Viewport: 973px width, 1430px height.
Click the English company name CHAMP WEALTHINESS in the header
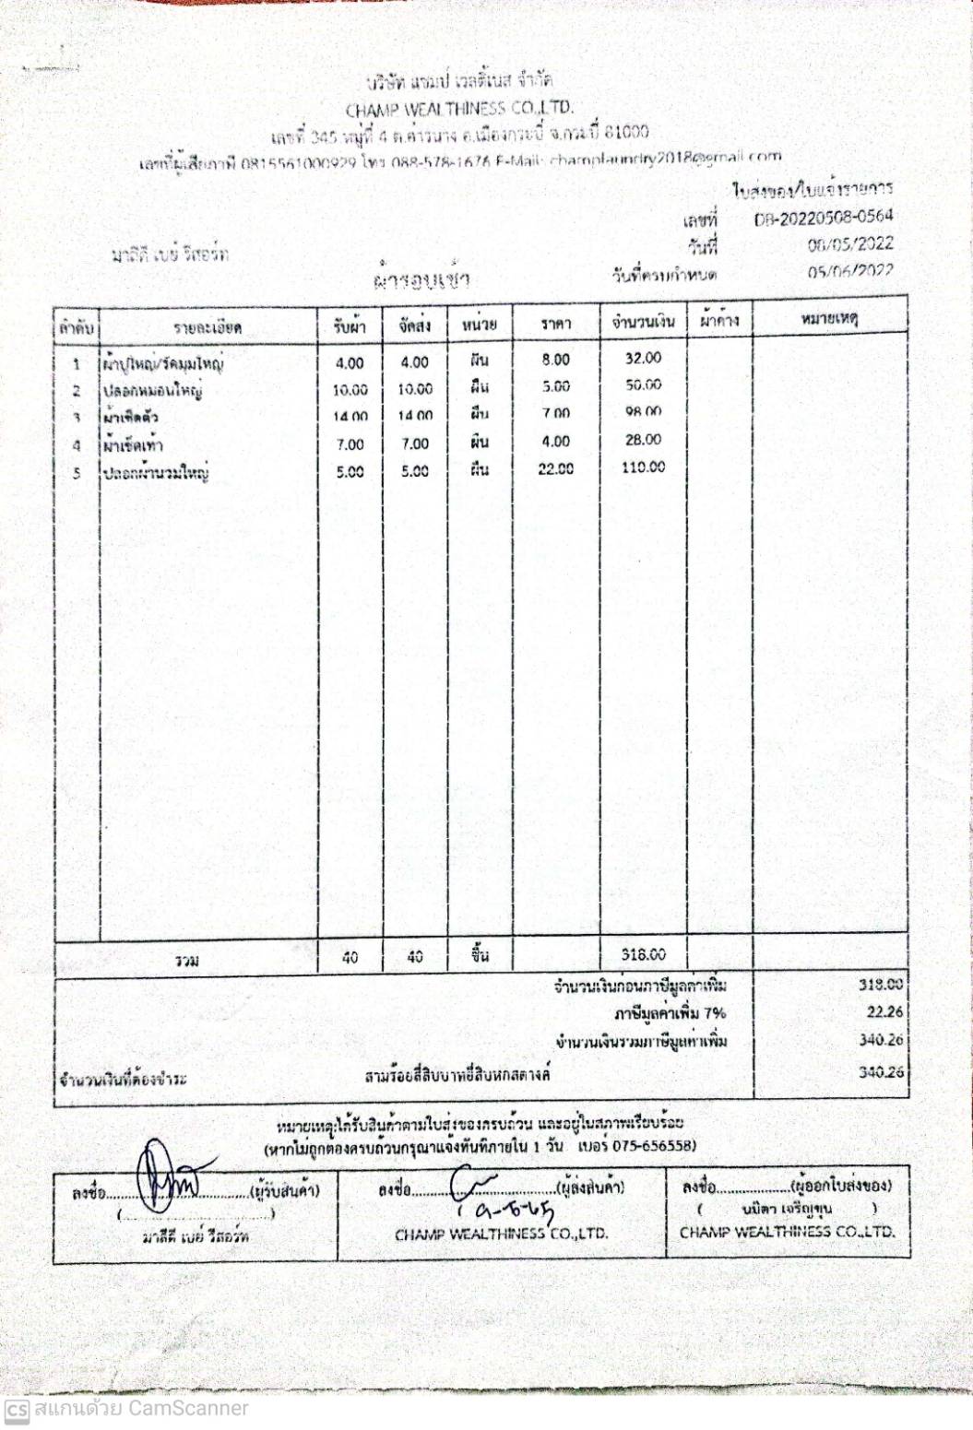458,108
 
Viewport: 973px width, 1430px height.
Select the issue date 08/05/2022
849,244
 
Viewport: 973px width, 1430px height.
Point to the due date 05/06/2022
849,271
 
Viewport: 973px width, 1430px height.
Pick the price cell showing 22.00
555,469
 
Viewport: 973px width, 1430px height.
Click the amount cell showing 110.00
643,467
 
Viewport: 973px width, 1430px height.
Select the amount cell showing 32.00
643,358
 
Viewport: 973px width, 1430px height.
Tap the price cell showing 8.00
555,360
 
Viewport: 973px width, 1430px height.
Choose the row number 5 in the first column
77,474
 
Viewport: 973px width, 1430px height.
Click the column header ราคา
555,323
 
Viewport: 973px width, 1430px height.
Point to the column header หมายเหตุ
829,319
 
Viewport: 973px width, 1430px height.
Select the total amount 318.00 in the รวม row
643,955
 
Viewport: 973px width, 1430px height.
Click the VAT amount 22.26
884,1012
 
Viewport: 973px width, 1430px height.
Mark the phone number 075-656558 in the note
654,1147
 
